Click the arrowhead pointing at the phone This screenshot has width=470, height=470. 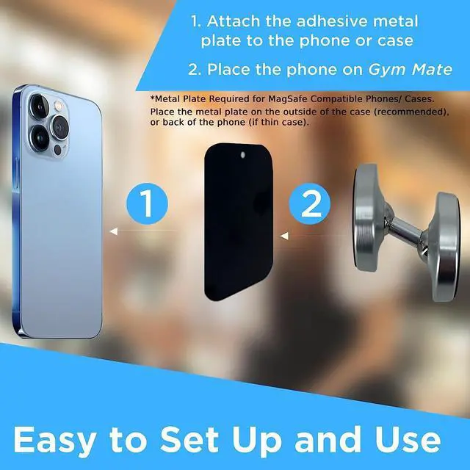[x=113, y=232]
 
